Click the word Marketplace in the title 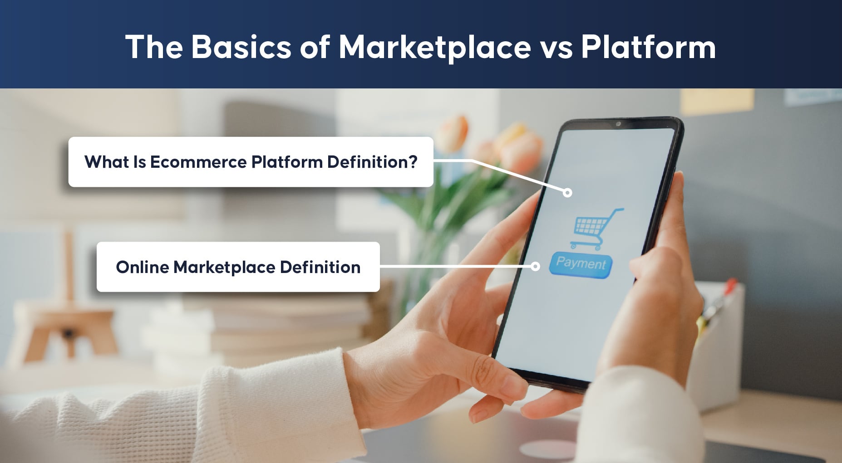(x=435, y=47)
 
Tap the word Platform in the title (x=648, y=47)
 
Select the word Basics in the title (x=241, y=47)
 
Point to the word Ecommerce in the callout (x=198, y=162)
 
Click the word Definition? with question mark (x=372, y=162)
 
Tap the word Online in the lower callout (x=143, y=267)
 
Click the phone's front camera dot (x=618, y=124)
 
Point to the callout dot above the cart (x=567, y=193)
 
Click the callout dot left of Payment (x=536, y=267)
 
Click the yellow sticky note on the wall (x=717, y=101)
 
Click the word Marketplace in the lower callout (x=224, y=268)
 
